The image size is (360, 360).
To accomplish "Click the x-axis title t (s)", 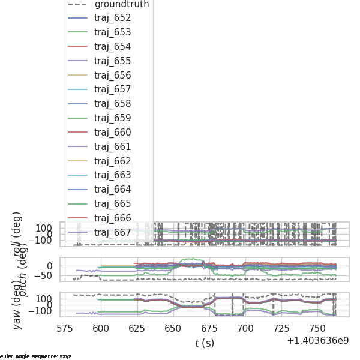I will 205,343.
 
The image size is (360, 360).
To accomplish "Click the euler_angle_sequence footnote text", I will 35,356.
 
